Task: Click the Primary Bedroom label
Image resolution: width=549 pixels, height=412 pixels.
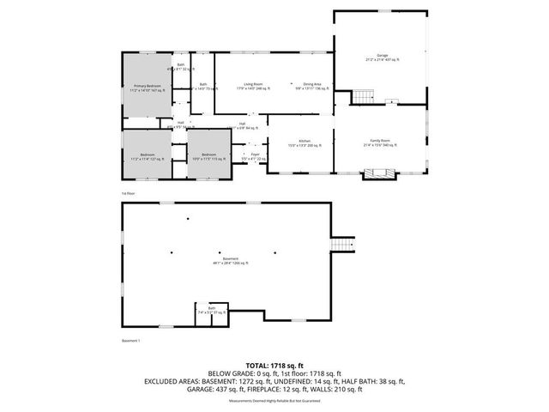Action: (x=147, y=87)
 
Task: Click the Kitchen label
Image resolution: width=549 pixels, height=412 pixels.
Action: (x=304, y=143)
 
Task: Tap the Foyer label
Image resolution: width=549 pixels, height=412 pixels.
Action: (x=255, y=157)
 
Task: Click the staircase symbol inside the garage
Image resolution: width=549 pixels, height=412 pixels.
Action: (x=365, y=94)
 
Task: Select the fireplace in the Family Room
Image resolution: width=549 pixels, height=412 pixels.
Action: (x=379, y=174)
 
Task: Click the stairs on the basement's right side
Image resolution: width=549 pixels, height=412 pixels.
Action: (x=343, y=245)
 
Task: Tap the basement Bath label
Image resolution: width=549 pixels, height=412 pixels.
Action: (x=212, y=312)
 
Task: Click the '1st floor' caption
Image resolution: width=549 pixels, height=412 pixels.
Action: (x=129, y=194)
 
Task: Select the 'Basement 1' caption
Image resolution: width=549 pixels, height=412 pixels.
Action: (x=131, y=341)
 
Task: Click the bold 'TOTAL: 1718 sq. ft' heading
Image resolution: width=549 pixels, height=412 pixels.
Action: (x=274, y=364)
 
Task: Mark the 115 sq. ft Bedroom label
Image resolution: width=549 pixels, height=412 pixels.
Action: (x=208, y=157)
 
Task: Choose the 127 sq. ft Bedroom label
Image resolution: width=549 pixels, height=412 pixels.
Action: (x=147, y=157)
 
